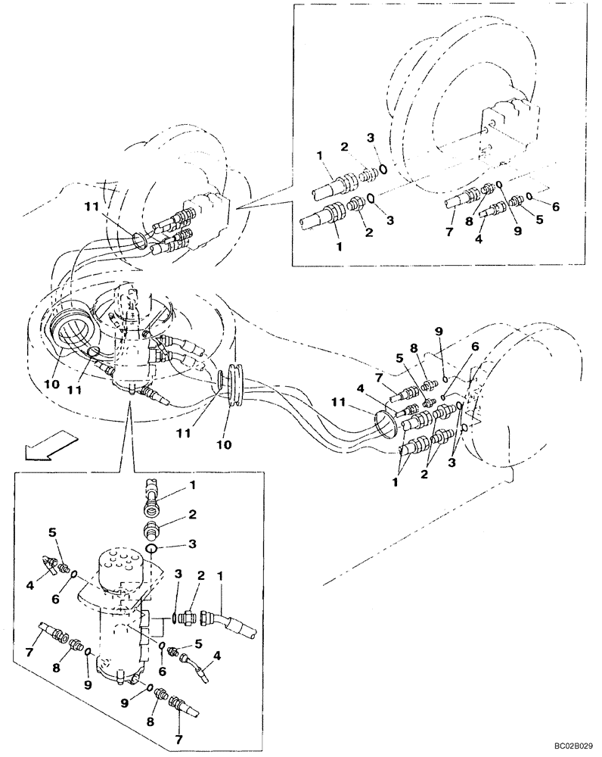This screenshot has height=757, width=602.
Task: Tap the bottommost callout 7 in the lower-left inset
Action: [178, 738]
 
